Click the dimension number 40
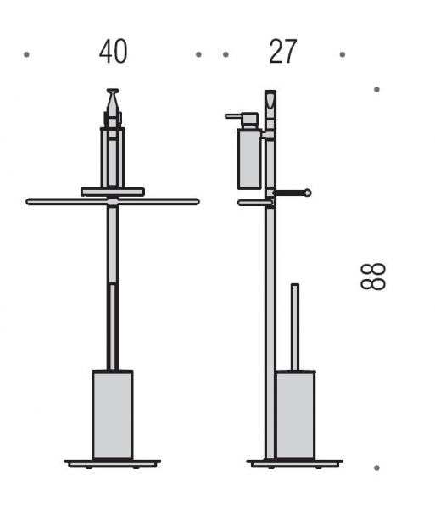tap(114, 52)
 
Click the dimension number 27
tap(283, 52)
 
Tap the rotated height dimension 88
tap(373, 277)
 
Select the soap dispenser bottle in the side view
tap(249, 159)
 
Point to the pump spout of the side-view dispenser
tap(234, 116)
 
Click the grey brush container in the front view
tap(113, 415)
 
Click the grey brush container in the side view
tap(295, 415)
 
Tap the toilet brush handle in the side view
tap(295, 327)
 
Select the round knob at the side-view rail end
tap(307, 193)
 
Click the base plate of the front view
tap(113, 463)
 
